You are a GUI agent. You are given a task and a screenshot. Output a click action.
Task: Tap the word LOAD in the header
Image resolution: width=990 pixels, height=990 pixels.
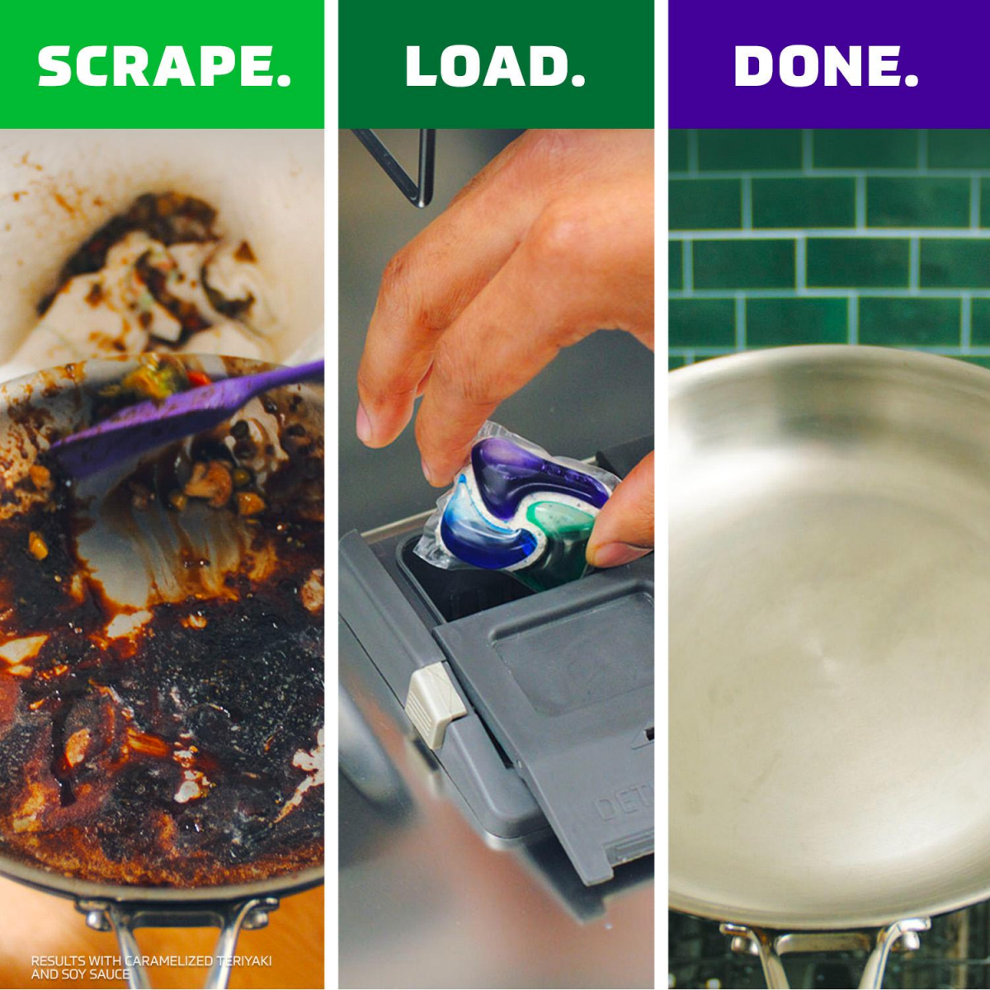[x=483, y=66]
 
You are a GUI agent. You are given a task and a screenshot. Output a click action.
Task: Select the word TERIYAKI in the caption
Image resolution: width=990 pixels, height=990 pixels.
[x=244, y=961]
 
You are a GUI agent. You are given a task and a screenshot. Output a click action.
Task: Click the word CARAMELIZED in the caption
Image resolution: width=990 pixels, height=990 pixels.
[x=169, y=961]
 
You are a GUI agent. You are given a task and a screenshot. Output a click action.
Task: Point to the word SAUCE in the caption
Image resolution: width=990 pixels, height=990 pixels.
[x=109, y=974]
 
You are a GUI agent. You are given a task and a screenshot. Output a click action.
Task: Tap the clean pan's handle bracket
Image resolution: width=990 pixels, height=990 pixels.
[x=825, y=940]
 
